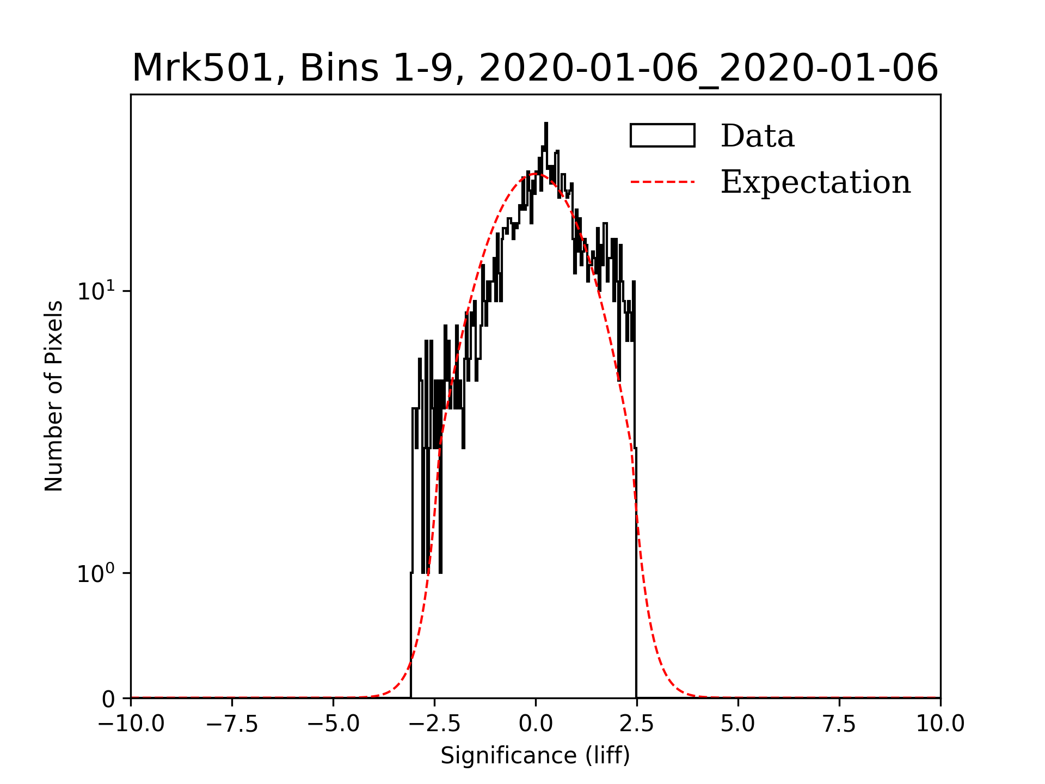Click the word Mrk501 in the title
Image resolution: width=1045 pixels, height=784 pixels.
pyautogui.click(x=202, y=69)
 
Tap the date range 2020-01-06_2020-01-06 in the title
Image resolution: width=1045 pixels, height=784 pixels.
pyautogui.click(x=708, y=69)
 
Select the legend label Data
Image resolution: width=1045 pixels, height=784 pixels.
pyautogui.click(x=757, y=136)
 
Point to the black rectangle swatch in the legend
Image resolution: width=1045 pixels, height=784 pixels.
pyautogui.click(x=662, y=136)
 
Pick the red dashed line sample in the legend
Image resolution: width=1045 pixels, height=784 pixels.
pyautogui.click(x=662, y=182)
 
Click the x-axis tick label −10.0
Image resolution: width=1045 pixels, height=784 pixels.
pyautogui.click(x=131, y=724)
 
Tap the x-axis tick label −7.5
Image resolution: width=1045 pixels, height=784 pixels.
pyautogui.click(x=232, y=724)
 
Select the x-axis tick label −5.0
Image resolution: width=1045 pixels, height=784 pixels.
pyautogui.click(x=334, y=724)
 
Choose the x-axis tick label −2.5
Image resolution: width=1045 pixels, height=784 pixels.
pyautogui.click(x=435, y=724)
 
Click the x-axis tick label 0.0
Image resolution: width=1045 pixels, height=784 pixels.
pyautogui.click(x=536, y=724)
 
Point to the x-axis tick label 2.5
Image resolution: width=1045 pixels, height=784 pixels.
pyautogui.click(x=637, y=724)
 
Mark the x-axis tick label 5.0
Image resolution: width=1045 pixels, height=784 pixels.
pyautogui.click(x=738, y=724)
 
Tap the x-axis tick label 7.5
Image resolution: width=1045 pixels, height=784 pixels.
pyautogui.click(x=839, y=724)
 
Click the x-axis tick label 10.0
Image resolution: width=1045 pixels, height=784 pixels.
pyautogui.click(x=940, y=724)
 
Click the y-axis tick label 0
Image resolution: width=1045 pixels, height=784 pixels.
pyautogui.click(x=108, y=700)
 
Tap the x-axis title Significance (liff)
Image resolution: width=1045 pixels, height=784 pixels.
pyautogui.click(x=535, y=756)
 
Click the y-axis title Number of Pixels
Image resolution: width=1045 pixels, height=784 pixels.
pyautogui.click(x=54, y=396)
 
